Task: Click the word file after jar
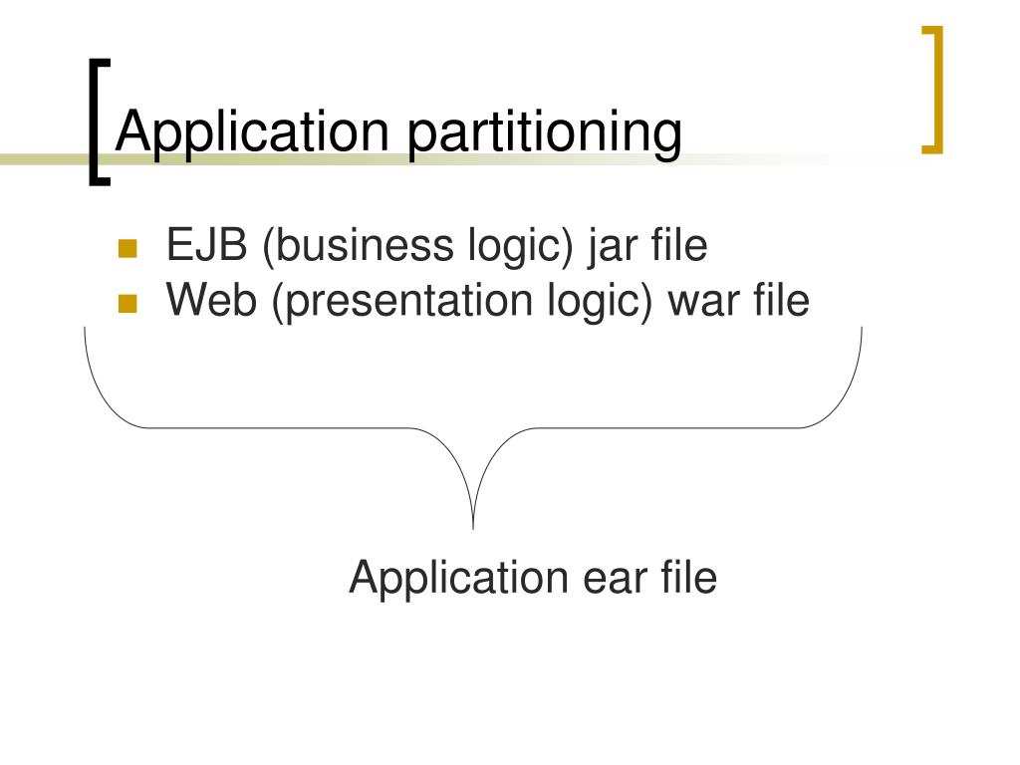pos(680,245)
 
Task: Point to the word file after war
pos(782,299)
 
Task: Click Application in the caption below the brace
pos(456,579)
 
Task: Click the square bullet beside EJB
pos(127,248)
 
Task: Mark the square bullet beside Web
pos(127,304)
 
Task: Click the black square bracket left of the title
pos(96,121)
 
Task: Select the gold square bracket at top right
pos(933,90)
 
